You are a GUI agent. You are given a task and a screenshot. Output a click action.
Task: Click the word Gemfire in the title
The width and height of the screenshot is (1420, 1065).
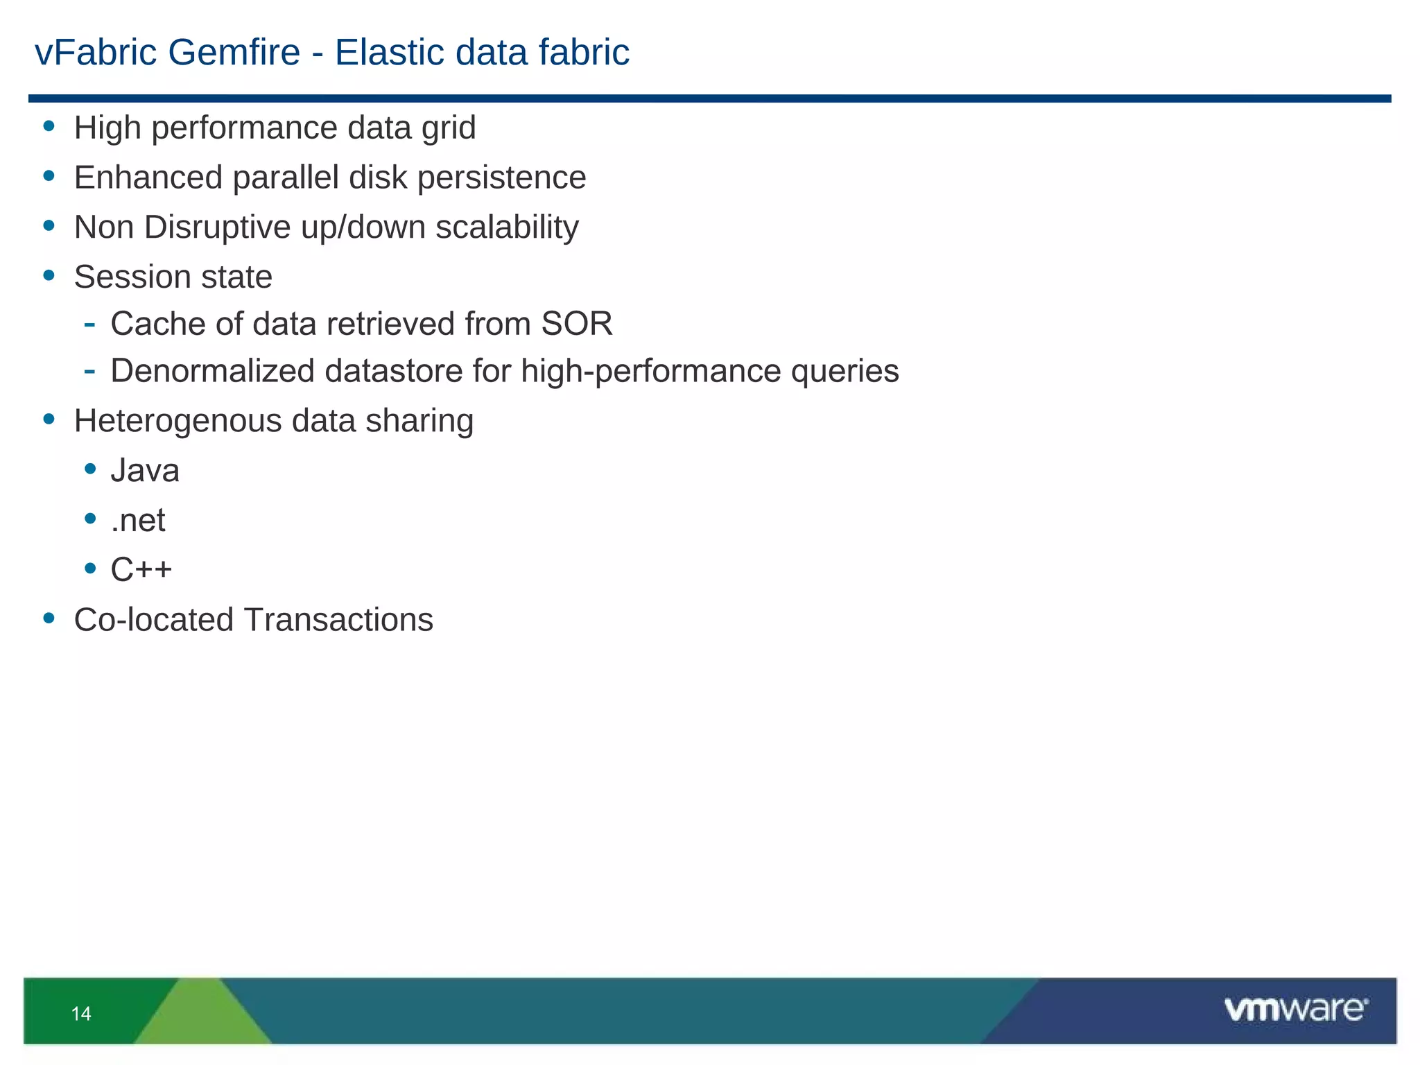234,53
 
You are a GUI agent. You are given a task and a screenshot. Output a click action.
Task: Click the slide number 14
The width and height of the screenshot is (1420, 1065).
81,1014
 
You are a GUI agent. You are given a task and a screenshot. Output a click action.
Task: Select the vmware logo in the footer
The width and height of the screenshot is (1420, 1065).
1295,1010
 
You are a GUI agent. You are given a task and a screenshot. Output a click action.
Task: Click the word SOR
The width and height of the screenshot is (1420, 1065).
577,324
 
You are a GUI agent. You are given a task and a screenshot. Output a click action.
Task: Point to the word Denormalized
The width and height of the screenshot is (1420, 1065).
212,371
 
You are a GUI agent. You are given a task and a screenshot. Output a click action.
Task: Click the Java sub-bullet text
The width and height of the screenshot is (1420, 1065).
145,471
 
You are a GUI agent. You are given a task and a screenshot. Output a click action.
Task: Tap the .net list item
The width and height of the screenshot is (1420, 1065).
138,521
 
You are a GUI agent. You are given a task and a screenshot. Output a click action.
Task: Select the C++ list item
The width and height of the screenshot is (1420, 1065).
141,570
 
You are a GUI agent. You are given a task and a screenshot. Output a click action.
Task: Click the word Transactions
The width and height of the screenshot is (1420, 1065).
338,620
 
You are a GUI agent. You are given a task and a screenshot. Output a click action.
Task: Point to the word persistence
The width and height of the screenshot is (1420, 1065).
501,177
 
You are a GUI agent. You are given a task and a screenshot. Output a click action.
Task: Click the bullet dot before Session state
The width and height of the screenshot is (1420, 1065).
49,275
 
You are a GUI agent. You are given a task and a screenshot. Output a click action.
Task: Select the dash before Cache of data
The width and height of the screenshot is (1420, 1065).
89,323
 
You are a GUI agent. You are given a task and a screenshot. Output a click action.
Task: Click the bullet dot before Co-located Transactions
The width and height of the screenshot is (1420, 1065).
49,617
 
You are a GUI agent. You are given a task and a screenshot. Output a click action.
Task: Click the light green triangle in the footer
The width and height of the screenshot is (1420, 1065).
202,1016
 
